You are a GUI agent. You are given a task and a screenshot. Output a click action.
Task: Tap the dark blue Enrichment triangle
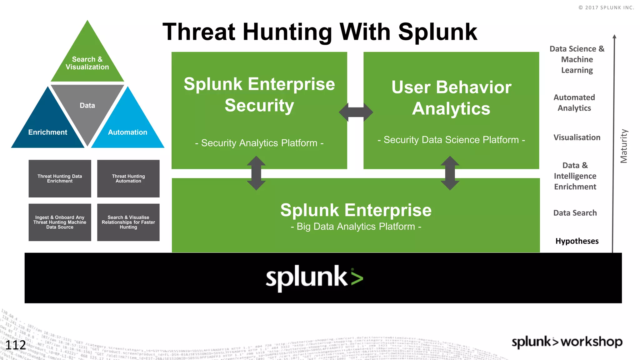47,128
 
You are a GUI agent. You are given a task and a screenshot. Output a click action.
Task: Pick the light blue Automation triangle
127,128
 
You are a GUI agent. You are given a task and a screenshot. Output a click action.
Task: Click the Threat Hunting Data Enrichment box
60,178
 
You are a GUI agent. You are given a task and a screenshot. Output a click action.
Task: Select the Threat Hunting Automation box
128,178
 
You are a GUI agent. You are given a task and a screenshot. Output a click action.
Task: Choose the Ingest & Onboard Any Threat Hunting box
60,222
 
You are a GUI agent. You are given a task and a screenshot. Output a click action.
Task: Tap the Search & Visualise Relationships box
128,222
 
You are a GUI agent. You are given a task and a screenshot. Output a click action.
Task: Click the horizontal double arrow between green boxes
356,112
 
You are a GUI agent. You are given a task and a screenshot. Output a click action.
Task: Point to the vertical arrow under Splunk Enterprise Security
256,173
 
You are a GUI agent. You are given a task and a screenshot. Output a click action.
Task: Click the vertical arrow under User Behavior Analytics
450,173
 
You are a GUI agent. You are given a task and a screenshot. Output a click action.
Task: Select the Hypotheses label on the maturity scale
577,241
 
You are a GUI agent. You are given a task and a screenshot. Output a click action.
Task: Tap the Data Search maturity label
575,213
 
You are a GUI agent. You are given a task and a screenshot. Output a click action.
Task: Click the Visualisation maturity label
577,137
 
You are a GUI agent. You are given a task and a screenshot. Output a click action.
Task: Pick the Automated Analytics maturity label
574,102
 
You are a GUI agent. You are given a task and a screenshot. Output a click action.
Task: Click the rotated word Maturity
624,146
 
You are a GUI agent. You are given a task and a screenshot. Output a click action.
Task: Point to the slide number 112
16,345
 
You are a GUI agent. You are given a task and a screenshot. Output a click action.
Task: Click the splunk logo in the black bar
314,278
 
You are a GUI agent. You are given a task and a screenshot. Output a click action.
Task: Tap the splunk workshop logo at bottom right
567,342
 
